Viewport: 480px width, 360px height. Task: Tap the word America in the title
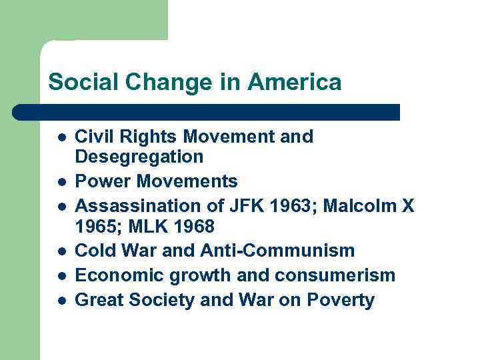point(294,83)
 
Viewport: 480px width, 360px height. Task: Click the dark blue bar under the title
point(207,112)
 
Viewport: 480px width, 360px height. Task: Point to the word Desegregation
point(139,157)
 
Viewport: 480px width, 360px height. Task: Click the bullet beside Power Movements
point(61,182)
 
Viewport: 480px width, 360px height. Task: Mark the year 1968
point(193,227)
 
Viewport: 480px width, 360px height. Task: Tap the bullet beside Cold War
point(61,251)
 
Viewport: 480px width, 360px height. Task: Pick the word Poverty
point(341,300)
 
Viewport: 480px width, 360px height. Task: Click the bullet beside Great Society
point(61,301)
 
